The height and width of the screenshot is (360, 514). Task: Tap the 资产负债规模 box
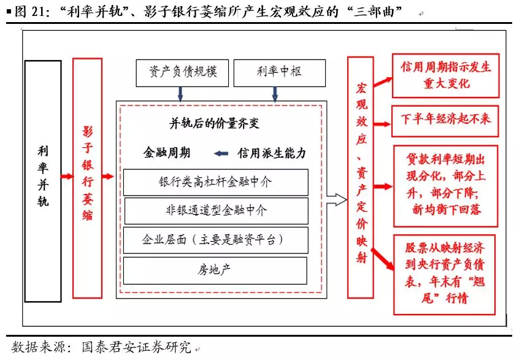click(x=181, y=72)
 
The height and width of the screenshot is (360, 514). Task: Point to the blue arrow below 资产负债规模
click(x=180, y=93)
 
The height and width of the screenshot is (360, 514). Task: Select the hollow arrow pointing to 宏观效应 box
click(x=336, y=198)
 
